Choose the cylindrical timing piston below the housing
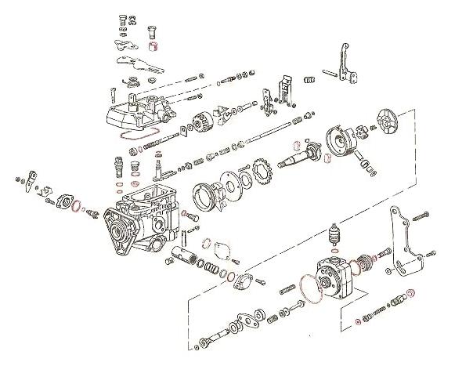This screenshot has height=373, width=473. coord(181,254)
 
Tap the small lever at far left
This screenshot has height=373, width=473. coord(28,181)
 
